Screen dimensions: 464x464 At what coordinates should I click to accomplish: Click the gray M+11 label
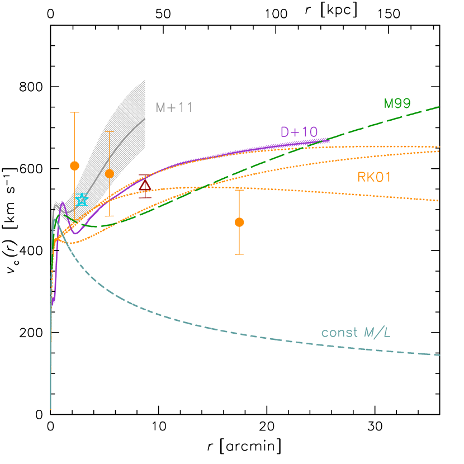pos(174,107)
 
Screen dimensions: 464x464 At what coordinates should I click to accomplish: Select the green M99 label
pos(397,103)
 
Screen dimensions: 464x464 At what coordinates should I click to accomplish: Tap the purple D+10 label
pos(299,132)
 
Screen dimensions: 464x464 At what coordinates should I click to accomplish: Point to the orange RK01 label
pos(374,177)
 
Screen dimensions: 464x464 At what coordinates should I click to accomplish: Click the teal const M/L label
pos(356,333)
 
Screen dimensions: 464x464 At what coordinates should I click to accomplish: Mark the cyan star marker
pos(82,200)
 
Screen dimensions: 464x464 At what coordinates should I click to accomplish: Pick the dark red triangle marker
pos(145,186)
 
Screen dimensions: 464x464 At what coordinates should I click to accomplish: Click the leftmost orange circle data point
pos(74,165)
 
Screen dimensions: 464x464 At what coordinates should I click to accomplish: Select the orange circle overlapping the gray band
pos(110,173)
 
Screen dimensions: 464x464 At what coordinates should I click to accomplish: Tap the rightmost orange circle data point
pos(239,222)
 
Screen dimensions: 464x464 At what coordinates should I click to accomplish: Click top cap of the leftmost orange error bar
pos(74,112)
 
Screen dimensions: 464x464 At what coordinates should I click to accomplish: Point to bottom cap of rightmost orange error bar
pos(239,254)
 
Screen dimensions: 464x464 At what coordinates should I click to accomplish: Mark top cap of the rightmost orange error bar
pos(239,190)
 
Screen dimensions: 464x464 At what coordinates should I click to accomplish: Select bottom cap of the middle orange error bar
pos(110,216)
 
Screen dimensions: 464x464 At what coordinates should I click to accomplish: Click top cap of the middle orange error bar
pos(110,131)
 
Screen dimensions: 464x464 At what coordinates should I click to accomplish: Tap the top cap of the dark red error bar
pos(145,175)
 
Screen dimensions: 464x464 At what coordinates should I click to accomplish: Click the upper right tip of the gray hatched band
pos(145,80)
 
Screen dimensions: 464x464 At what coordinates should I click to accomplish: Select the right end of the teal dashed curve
pos(441,355)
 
